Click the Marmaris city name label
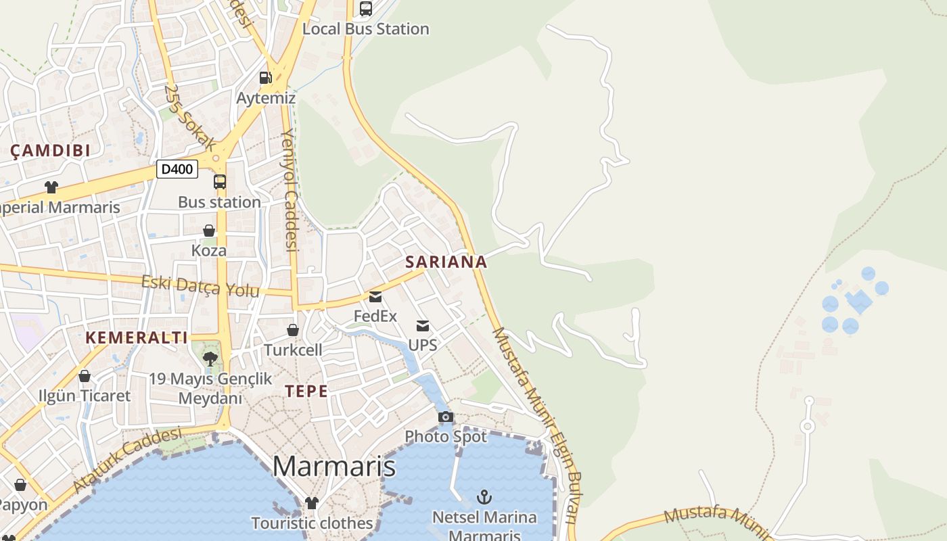click(x=333, y=467)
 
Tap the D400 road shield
click(x=177, y=169)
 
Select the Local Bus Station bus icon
click(x=366, y=9)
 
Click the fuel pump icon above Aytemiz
click(x=266, y=78)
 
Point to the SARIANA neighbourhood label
click(x=446, y=262)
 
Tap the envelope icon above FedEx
click(x=375, y=297)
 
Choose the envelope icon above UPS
click(x=423, y=326)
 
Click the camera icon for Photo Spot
click(x=446, y=417)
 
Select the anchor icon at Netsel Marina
click(x=484, y=498)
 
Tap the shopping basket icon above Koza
click(x=209, y=231)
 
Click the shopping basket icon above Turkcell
click(x=293, y=330)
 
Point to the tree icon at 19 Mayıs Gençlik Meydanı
click(x=210, y=358)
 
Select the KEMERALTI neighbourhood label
click(x=136, y=337)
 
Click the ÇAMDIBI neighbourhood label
click(x=51, y=151)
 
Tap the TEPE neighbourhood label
click(x=306, y=392)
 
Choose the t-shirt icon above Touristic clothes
click(x=311, y=502)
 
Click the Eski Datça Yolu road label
click(x=200, y=286)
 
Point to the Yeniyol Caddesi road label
click(x=290, y=189)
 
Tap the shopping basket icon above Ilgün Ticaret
click(x=85, y=376)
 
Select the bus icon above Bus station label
click(x=220, y=182)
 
